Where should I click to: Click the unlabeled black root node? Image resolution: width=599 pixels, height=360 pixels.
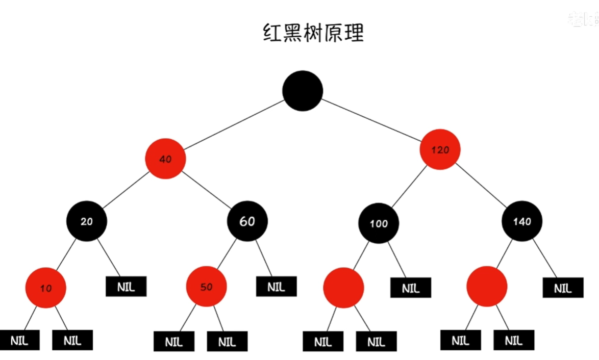pyautogui.click(x=303, y=90)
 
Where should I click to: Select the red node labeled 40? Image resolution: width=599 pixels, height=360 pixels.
pyautogui.click(x=165, y=159)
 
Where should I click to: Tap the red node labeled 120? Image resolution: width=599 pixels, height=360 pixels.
pyautogui.click(x=440, y=150)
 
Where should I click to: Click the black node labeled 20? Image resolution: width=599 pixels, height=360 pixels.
pyautogui.click(x=87, y=221)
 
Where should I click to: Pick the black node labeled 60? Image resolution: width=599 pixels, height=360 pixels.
pyautogui.click(x=247, y=221)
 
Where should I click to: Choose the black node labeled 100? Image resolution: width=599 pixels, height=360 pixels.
pyautogui.click(x=379, y=223)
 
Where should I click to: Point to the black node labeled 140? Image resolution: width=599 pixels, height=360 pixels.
pyautogui.click(x=522, y=221)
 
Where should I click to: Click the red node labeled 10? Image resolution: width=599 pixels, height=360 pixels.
pyautogui.click(x=46, y=288)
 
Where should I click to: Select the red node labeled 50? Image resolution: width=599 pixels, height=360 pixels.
pyautogui.click(x=206, y=287)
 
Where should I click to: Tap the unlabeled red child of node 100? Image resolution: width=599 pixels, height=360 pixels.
pyautogui.click(x=343, y=288)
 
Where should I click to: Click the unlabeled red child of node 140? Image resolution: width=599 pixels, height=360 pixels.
pyautogui.click(x=487, y=286)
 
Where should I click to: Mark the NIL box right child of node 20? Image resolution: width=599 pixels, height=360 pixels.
pyautogui.click(x=126, y=286)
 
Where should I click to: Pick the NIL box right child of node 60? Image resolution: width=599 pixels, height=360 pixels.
pyautogui.click(x=276, y=286)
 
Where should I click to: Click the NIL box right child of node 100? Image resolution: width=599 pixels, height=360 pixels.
pyautogui.click(x=411, y=288)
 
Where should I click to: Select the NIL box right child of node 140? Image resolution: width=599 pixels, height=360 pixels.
pyautogui.click(x=563, y=288)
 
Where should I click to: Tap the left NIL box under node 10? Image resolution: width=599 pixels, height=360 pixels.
pyautogui.click(x=20, y=340)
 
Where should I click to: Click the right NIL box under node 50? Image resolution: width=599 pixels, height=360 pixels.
pyautogui.click(x=227, y=341)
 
